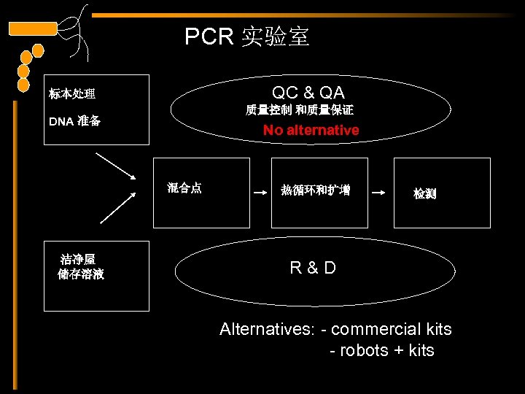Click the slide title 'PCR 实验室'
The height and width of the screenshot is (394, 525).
coord(246,36)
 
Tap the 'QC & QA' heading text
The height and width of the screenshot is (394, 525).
coord(308,93)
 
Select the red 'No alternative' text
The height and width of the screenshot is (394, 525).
coord(311,131)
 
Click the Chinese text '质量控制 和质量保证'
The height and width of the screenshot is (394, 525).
coord(299,111)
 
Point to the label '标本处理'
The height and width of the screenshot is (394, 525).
coord(72,94)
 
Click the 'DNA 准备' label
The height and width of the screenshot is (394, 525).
coord(74,121)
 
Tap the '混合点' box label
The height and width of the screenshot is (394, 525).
coord(184,188)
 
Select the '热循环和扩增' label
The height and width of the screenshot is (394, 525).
coord(315,190)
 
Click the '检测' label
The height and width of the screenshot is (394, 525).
coord(424,194)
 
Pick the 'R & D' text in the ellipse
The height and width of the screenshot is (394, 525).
coord(313,268)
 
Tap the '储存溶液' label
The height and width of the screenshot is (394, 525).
coord(81,275)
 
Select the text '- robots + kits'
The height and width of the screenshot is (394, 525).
coord(381,351)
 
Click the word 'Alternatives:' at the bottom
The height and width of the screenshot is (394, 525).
coord(266,329)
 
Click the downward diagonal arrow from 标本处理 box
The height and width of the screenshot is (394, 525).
coord(116,166)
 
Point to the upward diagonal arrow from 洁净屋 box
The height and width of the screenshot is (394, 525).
coord(118,206)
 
